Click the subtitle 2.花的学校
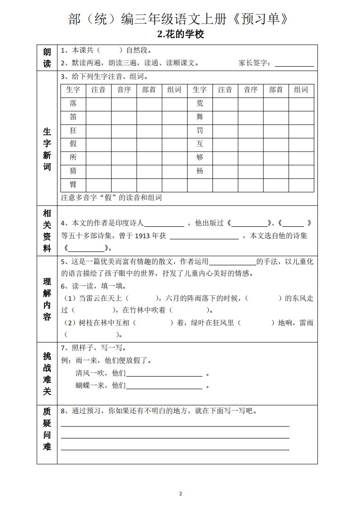pyautogui.click(x=180, y=34)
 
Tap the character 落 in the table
pyautogui.click(x=73, y=103)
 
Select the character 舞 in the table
pyautogui.click(x=200, y=117)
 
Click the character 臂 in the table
pyautogui.click(x=73, y=185)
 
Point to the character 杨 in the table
pyautogui.click(x=200, y=171)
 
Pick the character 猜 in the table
pyautogui.click(x=73, y=171)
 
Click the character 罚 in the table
pyautogui.click(x=200, y=131)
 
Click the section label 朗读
pyautogui.click(x=47, y=57)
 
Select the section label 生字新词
pyautogui.click(x=47, y=148)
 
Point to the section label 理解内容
pyautogui.click(x=47, y=298)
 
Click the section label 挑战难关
pyautogui.click(x=47, y=373)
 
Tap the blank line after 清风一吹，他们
pyautogui.click(x=164, y=374)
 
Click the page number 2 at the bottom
pyautogui.click(x=180, y=493)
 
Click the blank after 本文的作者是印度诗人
pyautogui.click(x=164, y=223)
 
